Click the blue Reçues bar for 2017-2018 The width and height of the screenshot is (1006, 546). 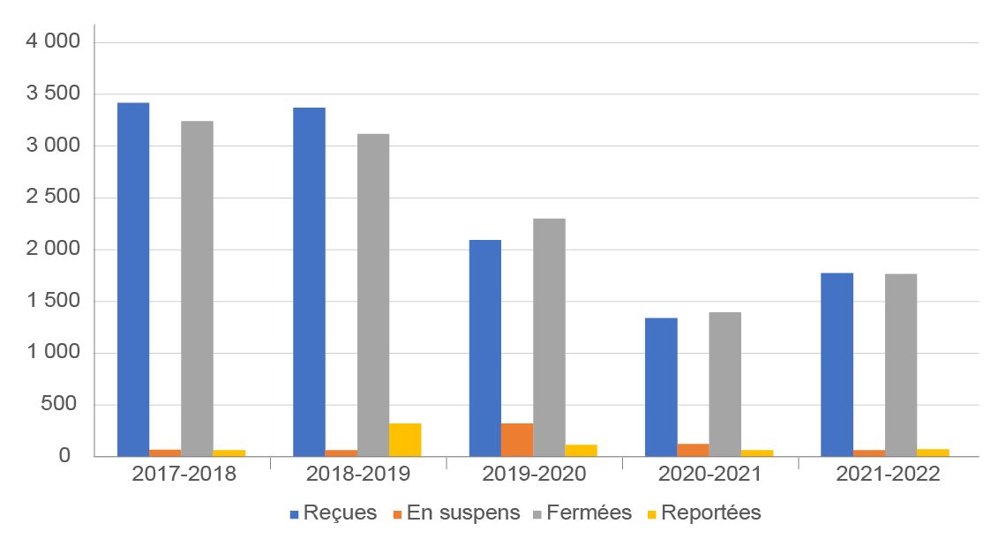pos(133,280)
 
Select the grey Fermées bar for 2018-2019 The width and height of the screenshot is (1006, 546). pos(373,295)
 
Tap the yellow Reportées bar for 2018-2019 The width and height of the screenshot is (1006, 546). pos(405,440)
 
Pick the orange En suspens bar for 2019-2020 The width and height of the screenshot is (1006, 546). pos(517,440)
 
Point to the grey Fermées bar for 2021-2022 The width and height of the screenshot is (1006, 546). pos(901,365)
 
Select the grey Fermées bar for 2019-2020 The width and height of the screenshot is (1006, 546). pos(549,337)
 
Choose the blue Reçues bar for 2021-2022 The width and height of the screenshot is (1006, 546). pos(837,364)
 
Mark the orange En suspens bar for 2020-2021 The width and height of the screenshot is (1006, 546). pos(693,450)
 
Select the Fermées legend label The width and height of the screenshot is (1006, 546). pos(589,513)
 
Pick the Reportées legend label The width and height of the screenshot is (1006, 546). pos(710,513)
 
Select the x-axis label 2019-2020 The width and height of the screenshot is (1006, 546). pos(534,474)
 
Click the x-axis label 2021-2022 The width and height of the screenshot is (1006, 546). pos(887,474)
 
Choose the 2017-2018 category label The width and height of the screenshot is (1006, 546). pos(184,474)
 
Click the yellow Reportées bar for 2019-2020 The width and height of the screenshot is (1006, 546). pos(582,451)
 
